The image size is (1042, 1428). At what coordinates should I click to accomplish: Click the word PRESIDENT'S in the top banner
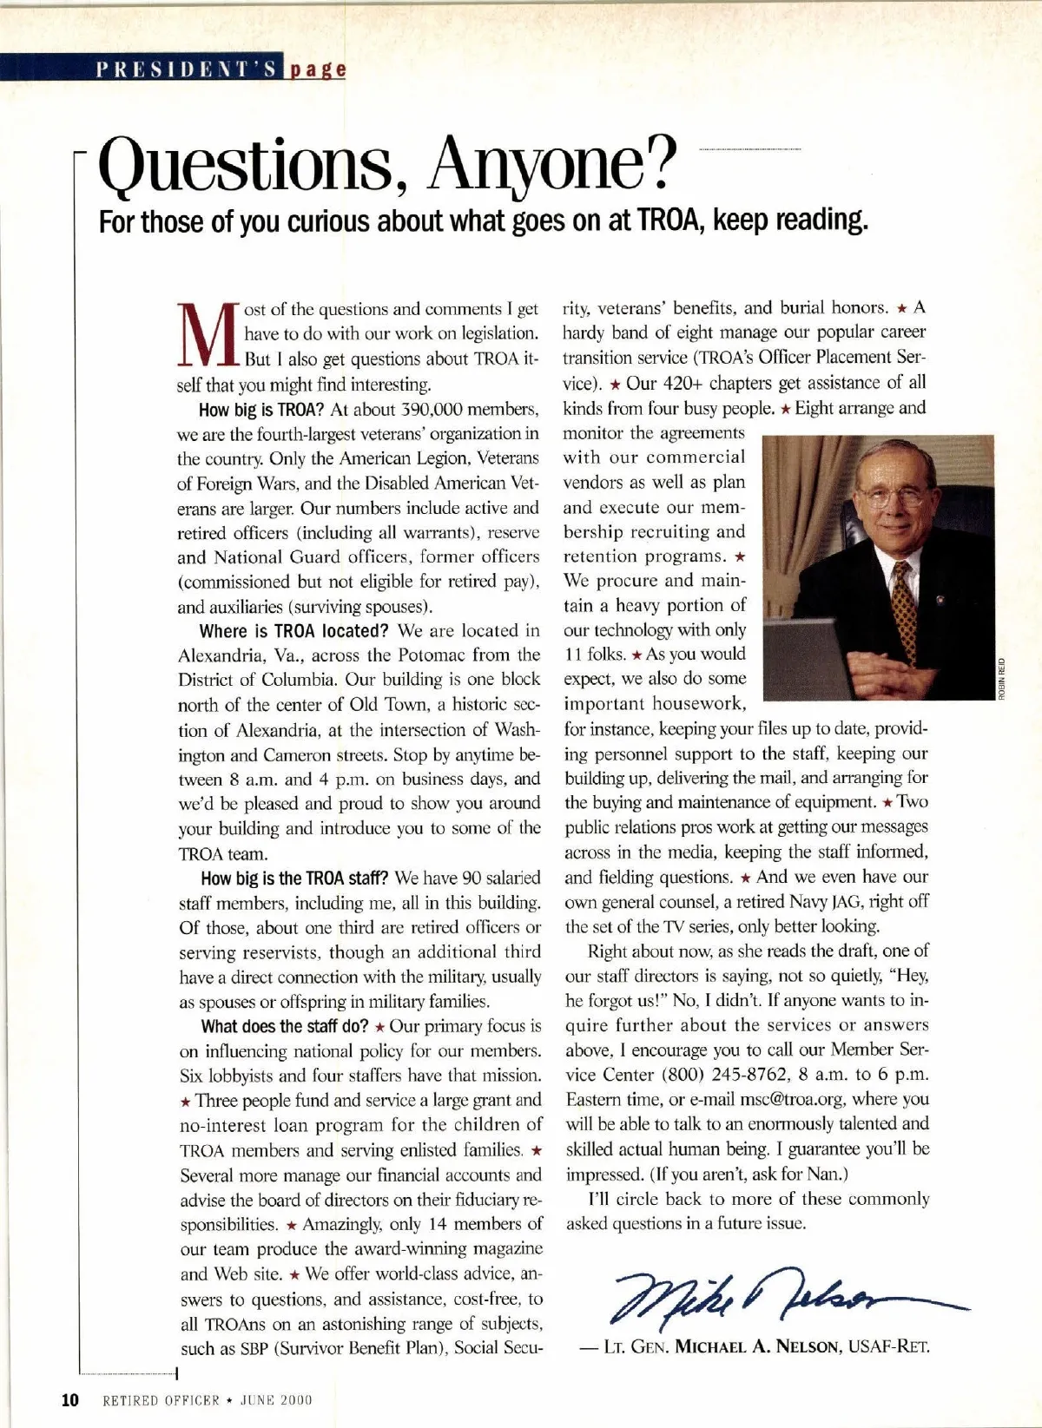(x=188, y=69)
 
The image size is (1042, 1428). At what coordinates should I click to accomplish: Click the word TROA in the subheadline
(x=665, y=220)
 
